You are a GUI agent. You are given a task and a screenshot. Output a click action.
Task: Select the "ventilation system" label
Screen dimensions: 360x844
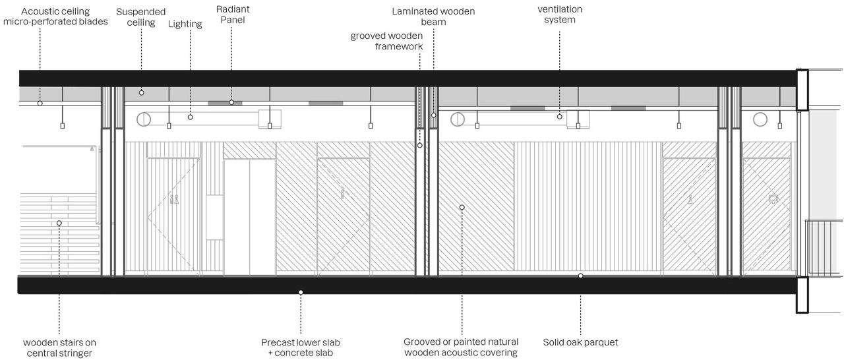560,15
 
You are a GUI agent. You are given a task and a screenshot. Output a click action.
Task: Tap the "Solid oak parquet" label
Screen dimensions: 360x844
580,342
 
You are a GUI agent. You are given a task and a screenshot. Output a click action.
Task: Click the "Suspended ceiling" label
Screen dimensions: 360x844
141,17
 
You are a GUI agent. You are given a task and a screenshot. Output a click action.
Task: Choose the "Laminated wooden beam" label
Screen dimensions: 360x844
433,16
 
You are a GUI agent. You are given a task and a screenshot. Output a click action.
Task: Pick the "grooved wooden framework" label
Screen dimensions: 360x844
386,40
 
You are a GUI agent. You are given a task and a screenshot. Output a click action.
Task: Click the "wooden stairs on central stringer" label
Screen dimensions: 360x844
59,347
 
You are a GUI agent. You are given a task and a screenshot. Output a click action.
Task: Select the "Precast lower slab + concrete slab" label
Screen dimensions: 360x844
301,347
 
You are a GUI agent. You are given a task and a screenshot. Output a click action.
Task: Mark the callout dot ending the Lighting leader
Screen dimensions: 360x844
190,117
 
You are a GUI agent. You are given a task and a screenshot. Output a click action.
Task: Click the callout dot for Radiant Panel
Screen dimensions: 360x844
231,102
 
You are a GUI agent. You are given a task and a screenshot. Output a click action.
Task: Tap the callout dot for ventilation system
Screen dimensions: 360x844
560,117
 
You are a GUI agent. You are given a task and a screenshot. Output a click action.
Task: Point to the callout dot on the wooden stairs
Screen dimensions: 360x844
59,224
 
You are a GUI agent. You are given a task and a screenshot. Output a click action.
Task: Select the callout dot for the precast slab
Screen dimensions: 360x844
301,291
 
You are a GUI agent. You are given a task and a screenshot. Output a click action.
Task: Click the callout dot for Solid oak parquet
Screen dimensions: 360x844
580,276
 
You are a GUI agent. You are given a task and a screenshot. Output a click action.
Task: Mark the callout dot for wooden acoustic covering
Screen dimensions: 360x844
462,207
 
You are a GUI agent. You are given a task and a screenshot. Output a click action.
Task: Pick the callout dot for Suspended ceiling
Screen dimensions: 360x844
141,93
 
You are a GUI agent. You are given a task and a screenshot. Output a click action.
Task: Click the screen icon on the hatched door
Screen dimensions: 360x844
773,198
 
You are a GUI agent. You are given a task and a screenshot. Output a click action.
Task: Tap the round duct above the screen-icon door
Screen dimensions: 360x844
760,119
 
